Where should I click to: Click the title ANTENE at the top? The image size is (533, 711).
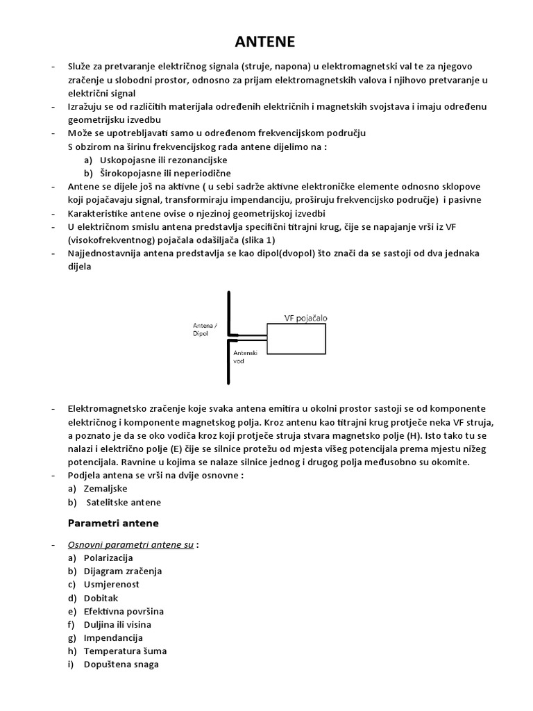point(264,42)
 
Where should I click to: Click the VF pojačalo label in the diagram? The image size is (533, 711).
point(305,317)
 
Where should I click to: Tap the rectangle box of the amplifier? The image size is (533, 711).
point(296,340)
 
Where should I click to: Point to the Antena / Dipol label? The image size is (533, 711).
point(205,328)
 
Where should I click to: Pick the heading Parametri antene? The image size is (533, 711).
point(113,523)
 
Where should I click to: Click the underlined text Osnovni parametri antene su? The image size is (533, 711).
point(130,545)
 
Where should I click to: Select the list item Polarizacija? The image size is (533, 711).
point(108,558)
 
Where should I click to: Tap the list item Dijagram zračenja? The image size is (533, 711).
point(122,571)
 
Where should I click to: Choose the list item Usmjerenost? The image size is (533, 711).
point(111,584)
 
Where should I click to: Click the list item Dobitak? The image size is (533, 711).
point(101,598)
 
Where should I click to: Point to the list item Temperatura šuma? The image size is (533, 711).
point(125,651)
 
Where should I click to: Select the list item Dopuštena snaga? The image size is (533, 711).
point(121,664)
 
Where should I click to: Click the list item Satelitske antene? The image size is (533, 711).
point(123,502)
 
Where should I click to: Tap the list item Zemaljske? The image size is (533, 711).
point(105,489)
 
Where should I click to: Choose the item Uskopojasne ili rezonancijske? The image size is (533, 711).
point(154,160)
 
